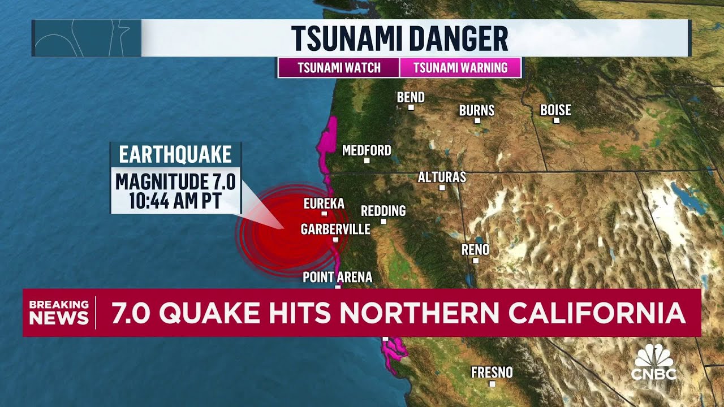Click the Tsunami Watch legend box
[x=339, y=68]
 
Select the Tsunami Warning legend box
[x=460, y=68]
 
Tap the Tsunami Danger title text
[x=399, y=38]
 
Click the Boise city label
[x=555, y=110]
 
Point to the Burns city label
[x=476, y=110]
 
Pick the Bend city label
[x=411, y=97]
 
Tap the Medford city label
[x=367, y=150]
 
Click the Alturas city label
[x=442, y=177]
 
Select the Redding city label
[x=383, y=211]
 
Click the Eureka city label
[x=324, y=203]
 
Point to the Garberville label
[x=335, y=229]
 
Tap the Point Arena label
[x=338, y=277]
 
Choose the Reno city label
[x=475, y=249]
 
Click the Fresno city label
[x=492, y=372]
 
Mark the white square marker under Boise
[x=556, y=120]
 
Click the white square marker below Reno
[x=476, y=261]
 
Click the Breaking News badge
[x=59, y=312]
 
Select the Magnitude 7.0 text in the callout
[x=175, y=182]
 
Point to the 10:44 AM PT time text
[x=175, y=201]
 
